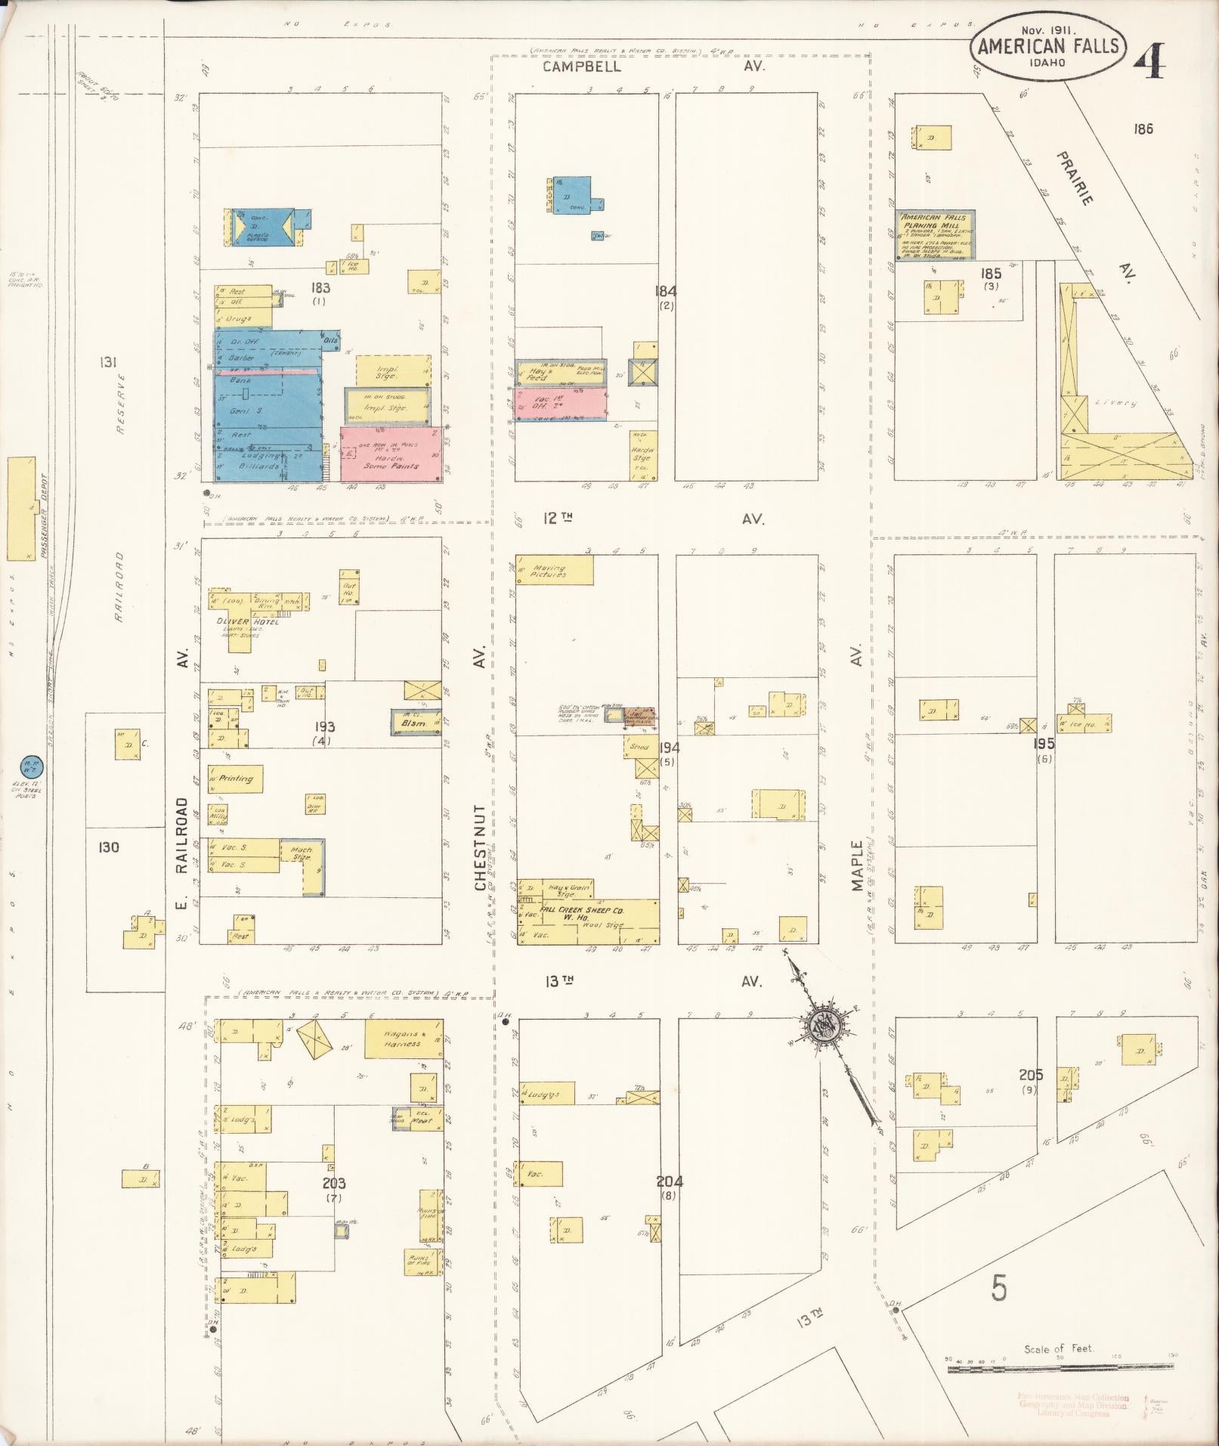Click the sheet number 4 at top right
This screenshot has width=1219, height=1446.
tap(1149, 62)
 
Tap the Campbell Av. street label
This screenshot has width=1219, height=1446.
tap(581, 67)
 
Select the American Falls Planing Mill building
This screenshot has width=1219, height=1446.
tap(936, 235)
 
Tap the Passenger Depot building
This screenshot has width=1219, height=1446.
tap(21, 509)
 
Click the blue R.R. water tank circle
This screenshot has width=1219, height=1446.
tap(32, 766)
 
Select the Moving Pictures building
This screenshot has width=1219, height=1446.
tap(554, 570)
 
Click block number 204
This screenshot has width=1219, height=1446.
tap(670, 1181)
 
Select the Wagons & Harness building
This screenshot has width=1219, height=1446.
tap(403, 1039)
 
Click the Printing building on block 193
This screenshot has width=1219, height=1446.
tap(236, 779)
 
